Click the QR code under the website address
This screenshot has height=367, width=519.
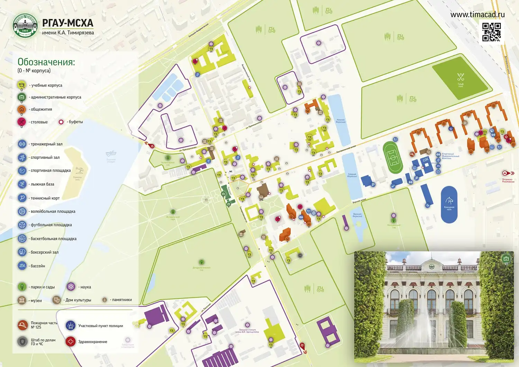492,32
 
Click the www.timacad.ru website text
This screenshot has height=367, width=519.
477,15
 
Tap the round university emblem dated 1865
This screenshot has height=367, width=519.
25,26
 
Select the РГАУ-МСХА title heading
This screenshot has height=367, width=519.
68,23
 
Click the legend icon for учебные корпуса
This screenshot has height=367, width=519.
21,85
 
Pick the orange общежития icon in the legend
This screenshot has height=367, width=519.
21,109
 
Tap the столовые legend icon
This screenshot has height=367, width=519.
21,122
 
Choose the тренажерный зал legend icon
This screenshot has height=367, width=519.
22,144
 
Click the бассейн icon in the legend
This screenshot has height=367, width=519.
22,266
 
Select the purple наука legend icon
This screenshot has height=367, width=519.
71,287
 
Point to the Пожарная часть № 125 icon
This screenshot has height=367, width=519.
22,325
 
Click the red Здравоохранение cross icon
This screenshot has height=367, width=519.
71,341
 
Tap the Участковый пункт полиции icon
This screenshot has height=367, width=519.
71,325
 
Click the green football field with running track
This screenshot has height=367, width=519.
393,157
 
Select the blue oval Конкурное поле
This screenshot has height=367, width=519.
449,204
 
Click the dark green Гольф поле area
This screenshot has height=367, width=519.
461,78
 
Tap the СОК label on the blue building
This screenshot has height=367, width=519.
425,159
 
